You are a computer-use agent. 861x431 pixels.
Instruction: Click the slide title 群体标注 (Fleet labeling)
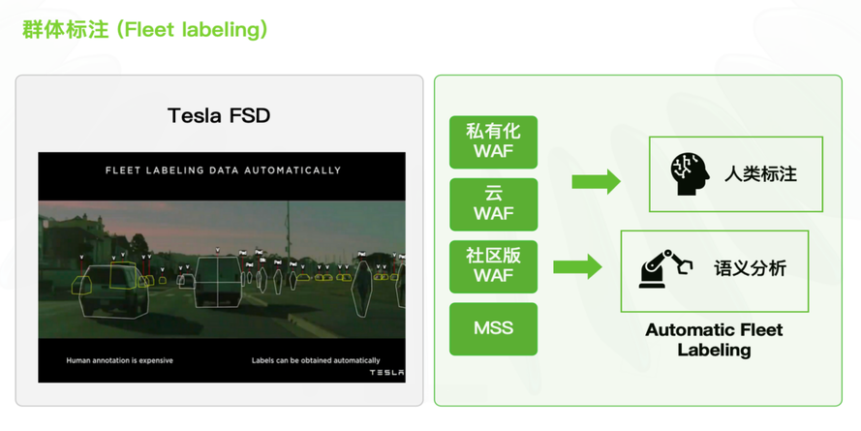click(145, 30)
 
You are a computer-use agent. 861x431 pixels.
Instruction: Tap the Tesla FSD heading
click(219, 116)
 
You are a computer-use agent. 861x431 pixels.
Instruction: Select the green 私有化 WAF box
click(493, 142)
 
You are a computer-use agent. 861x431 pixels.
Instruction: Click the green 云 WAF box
click(493, 204)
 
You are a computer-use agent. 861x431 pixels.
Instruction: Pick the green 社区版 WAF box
click(493, 267)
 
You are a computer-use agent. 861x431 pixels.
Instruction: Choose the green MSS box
click(493, 329)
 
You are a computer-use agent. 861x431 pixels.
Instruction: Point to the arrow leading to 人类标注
click(597, 181)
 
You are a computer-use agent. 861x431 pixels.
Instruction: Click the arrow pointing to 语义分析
click(577, 267)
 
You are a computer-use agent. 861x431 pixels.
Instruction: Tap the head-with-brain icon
click(690, 174)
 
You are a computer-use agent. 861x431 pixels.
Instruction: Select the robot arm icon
click(665, 268)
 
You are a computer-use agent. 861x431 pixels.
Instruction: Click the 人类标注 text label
click(760, 174)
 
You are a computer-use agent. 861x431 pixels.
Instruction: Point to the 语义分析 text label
click(750, 268)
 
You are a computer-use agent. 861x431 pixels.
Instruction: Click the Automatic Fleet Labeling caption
click(714, 340)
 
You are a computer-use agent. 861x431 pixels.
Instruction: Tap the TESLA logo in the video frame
click(386, 373)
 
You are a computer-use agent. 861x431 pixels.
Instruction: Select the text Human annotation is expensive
click(120, 360)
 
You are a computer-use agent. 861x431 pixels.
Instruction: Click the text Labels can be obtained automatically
click(316, 360)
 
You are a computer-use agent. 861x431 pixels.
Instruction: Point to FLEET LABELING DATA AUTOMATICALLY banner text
click(223, 170)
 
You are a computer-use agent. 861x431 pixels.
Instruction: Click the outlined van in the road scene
click(218, 280)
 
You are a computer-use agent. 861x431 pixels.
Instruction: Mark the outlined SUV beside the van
click(113, 292)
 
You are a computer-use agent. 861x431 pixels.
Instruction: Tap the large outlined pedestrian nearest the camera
click(362, 287)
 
